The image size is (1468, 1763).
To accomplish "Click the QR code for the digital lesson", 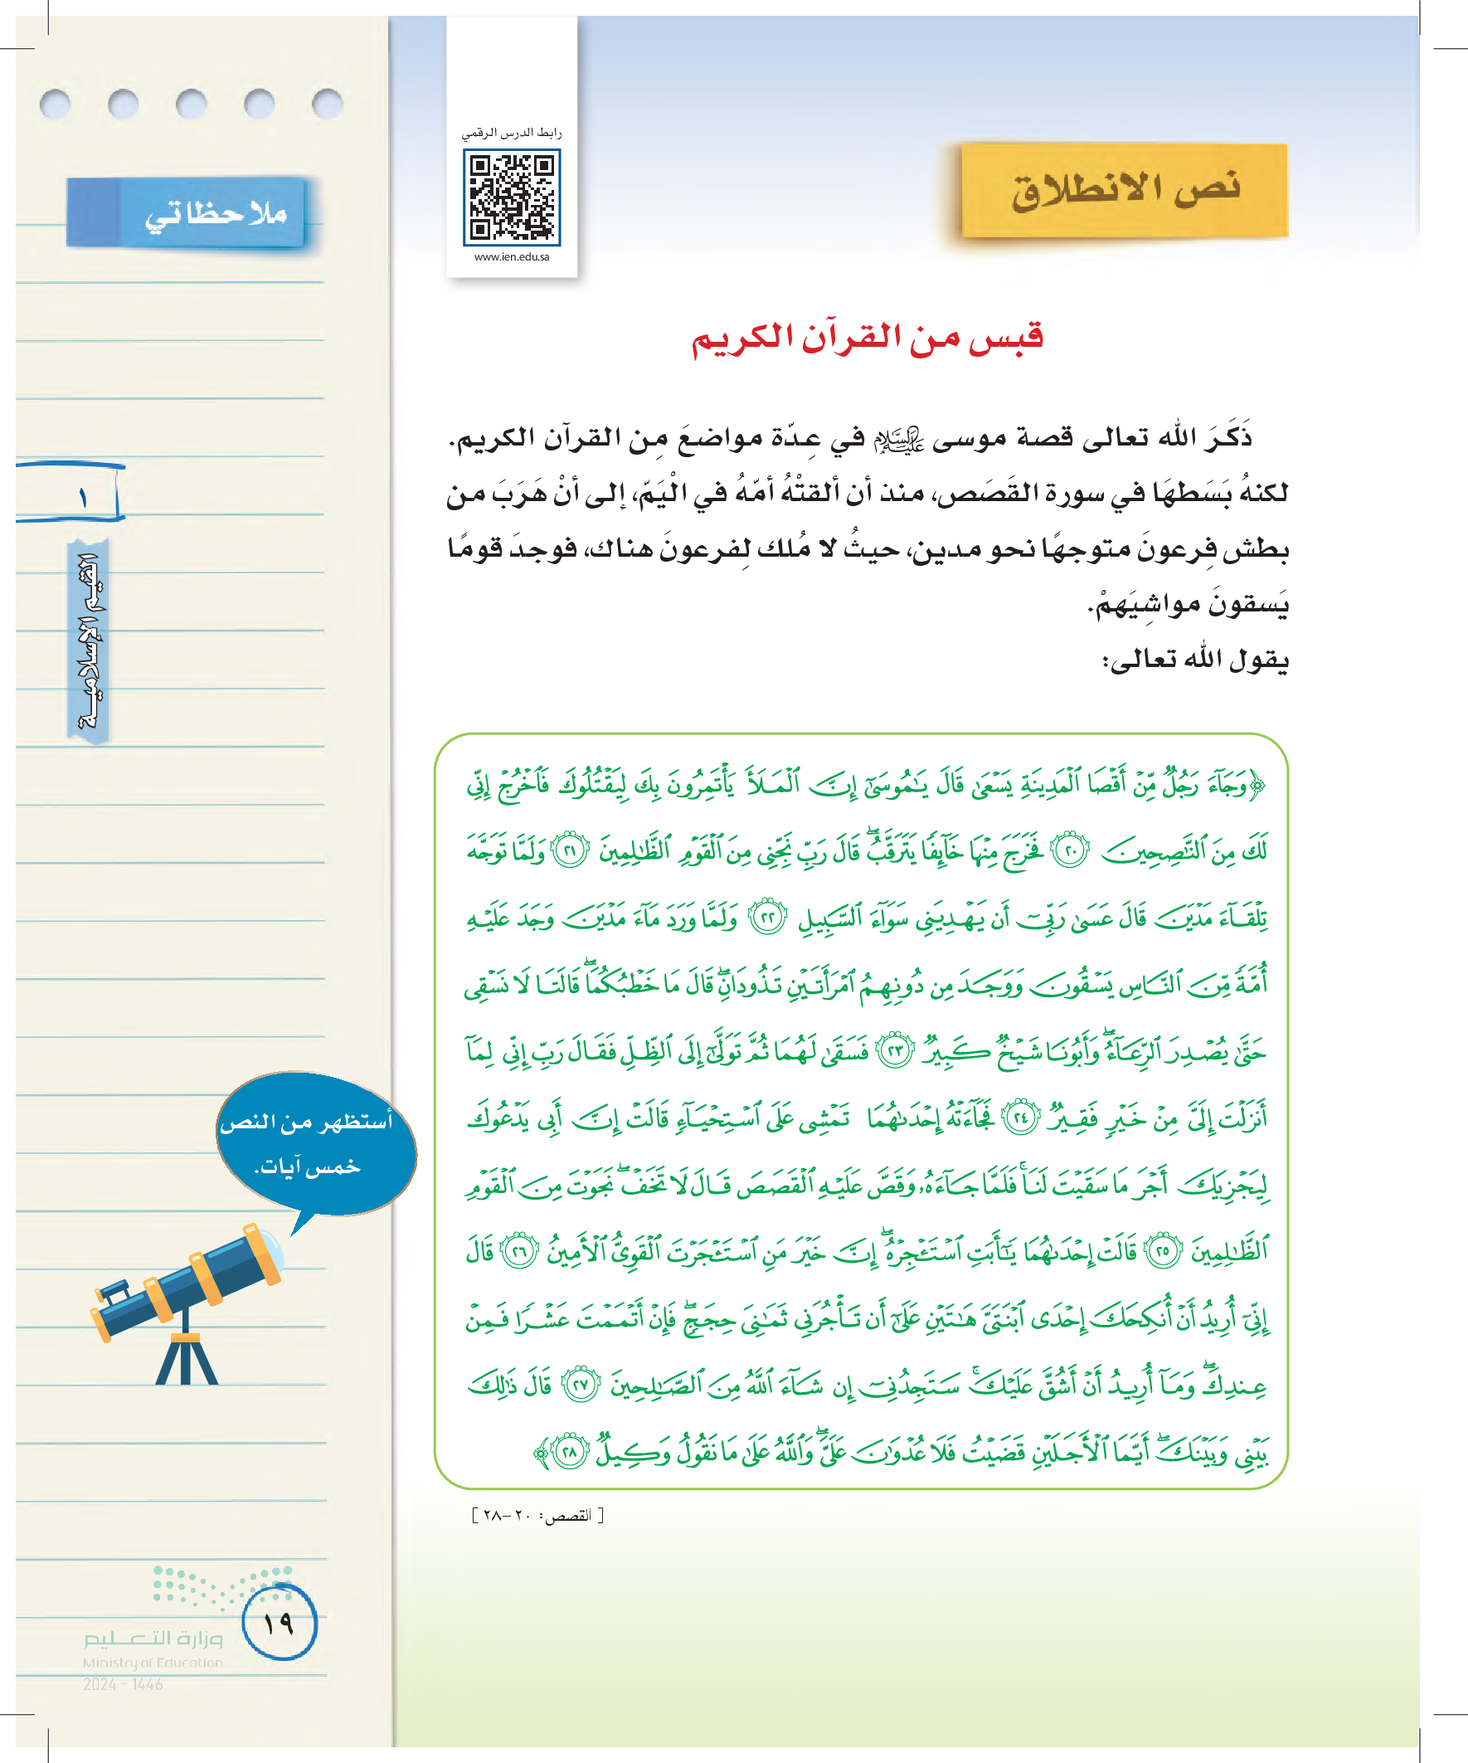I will click(x=511, y=197).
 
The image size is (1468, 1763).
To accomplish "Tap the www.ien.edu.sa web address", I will click(x=511, y=257).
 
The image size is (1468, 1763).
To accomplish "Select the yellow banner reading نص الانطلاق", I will click(x=1124, y=191).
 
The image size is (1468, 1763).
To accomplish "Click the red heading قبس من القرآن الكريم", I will click(x=867, y=338).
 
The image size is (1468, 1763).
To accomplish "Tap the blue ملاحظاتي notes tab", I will click(x=187, y=213).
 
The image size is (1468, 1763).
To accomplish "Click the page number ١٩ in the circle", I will click(x=279, y=1623).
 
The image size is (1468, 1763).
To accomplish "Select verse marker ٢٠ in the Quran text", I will click(x=1070, y=851).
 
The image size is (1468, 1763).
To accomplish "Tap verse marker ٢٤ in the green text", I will click(x=1022, y=1118).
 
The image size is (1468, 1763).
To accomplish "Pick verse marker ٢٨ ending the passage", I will click(x=570, y=1453).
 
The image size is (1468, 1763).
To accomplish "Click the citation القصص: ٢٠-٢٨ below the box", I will click(x=538, y=1515).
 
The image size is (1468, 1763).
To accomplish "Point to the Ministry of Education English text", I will click(x=153, y=1663).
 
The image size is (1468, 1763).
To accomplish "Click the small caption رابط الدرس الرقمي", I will click(x=511, y=133).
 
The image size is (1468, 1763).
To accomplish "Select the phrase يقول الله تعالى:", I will click(x=1194, y=660).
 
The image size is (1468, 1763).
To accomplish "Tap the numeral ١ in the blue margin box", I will click(x=82, y=499).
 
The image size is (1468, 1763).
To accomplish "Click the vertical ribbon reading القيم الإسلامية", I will click(x=89, y=640).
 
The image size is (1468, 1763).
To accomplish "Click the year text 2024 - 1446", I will click(x=123, y=1684).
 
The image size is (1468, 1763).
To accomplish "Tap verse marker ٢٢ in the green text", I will click(x=767, y=918).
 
